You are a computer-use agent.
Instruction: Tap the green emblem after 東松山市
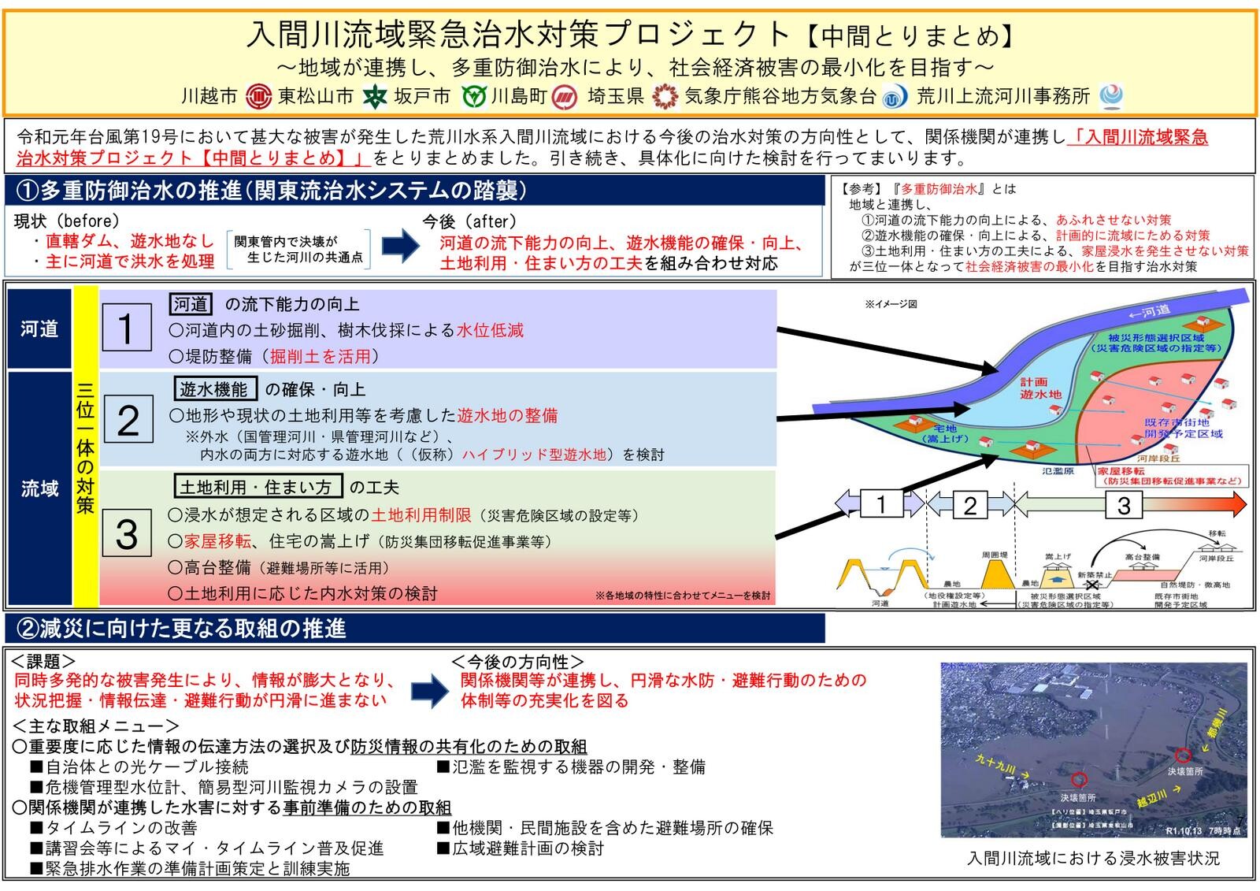375,97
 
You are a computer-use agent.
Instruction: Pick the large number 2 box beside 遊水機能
128,420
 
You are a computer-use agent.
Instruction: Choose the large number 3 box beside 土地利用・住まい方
127,534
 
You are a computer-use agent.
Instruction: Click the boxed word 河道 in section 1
191,304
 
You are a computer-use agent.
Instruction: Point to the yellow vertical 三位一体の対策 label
85,445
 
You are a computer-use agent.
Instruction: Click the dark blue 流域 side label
39,488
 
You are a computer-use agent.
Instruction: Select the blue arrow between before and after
401,246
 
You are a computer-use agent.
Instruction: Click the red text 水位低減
490,330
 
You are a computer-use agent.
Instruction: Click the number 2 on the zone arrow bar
970,505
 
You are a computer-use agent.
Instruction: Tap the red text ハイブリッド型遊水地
534,455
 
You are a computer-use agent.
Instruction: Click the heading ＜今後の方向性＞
517,662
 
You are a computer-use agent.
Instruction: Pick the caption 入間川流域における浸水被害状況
1093,858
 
